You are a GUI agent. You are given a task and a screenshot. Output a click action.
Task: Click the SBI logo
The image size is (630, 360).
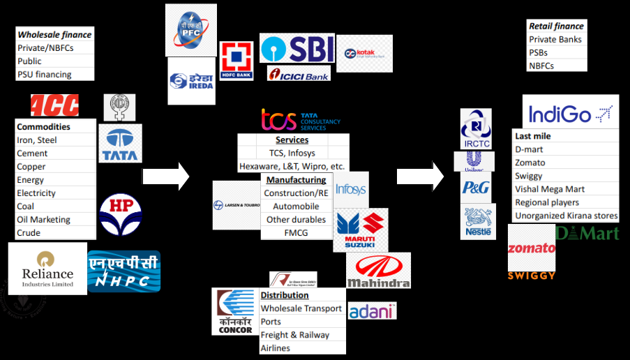pos(297,48)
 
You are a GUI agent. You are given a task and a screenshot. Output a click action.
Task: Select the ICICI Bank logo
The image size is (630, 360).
pos(299,73)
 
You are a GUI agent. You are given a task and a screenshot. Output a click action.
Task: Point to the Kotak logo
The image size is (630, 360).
pos(364,54)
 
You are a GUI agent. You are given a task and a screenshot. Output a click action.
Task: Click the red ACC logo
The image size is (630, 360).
pos(54,105)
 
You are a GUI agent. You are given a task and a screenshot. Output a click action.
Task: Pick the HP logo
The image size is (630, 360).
pos(120,213)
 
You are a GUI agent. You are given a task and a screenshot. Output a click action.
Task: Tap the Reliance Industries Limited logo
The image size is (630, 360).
pos(47,268)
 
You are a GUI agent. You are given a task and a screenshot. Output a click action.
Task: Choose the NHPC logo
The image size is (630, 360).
pos(123,271)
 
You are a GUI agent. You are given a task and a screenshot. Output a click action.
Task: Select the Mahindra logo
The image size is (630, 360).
pos(378,271)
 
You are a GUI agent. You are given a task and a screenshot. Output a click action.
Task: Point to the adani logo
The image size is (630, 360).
pos(372,311)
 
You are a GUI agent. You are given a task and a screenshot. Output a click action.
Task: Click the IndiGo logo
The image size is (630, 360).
pos(570,113)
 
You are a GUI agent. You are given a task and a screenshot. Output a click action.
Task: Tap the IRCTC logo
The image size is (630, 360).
pos(476,128)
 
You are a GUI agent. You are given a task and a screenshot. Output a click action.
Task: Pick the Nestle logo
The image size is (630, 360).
pos(478,221)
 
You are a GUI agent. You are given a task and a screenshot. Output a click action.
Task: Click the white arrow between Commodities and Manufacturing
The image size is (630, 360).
pos(166,176)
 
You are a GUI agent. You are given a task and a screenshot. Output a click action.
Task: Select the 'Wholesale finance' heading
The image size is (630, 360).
pos(54,34)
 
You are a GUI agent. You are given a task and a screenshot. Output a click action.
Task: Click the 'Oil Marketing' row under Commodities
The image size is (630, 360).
pos(43,219)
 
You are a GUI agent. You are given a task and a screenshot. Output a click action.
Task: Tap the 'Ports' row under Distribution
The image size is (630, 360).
pos(271,322)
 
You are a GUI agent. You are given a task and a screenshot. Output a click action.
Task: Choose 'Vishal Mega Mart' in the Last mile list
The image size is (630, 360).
pos(549,189)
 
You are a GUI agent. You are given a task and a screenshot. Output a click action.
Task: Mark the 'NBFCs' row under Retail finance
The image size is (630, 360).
pos(541,66)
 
